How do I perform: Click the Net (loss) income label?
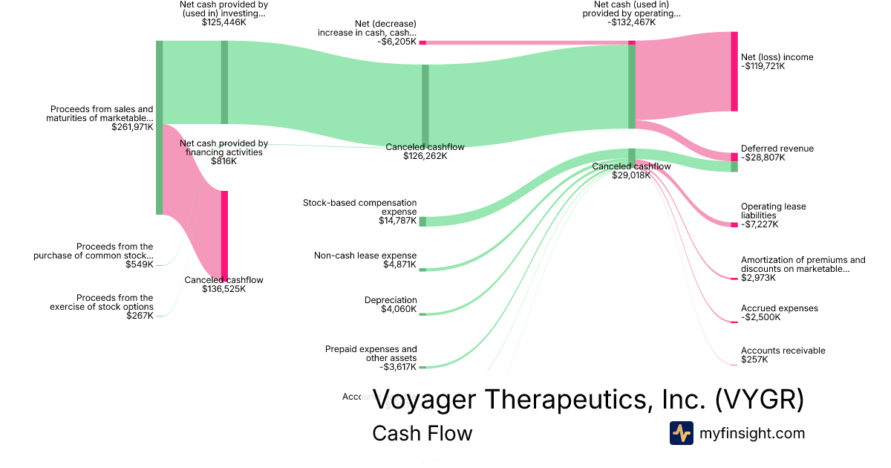[x=777, y=57]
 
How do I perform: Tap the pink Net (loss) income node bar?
[x=734, y=71]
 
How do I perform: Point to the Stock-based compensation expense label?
[x=360, y=207]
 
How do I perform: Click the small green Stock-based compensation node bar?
[x=422, y=221]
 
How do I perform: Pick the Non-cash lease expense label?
[x=365, y=256]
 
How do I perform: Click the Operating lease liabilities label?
[x=773, y=211]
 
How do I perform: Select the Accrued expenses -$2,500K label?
[x=779, y=313]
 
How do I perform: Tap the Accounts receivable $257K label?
[x=783, y=355]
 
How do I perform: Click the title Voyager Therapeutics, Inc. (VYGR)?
[x=588, y=400]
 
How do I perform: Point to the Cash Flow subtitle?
[x=422, y=433]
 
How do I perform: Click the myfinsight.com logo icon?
[x=681, y=433]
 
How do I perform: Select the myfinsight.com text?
[x=752, y=433]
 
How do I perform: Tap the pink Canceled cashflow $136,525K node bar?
[x=224, y=234]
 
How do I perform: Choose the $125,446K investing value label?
[x=223, y=22]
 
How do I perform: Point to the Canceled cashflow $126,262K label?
[x=425, y=152]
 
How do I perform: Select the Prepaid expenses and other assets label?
[x=371, y=354]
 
